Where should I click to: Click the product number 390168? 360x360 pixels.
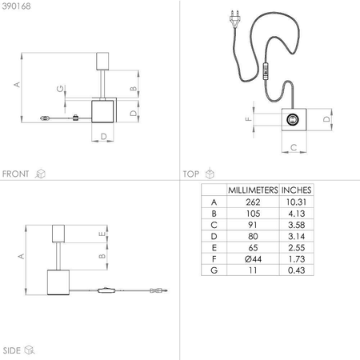point(17,6)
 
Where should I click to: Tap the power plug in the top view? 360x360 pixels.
point(234,18)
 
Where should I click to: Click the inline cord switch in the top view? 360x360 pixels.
point(266,71)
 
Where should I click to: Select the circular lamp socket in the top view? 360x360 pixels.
point(293,119)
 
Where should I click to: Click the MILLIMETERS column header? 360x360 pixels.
point(253,190)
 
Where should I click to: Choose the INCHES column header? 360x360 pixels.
point(296,190)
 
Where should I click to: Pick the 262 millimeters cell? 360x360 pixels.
point(253,202)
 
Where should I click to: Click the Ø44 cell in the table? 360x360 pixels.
point(253,258)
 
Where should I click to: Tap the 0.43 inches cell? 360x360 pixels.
point(296,270)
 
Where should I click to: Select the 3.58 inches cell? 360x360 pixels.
point(296,225)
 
